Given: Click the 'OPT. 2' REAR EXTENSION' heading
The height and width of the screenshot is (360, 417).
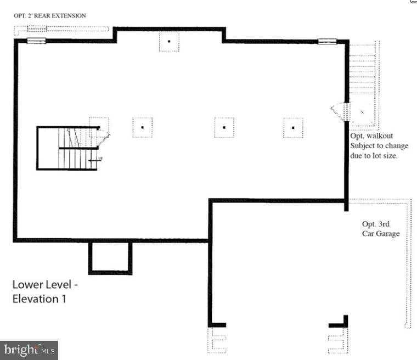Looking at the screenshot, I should pyautogui.click(x=49, y=16).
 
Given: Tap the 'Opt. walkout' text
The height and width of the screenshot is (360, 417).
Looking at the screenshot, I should pyautogui.click(x=371, y=136).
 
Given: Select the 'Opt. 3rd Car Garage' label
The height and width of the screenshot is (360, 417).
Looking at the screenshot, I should pyautogui.click(x=380, y=229).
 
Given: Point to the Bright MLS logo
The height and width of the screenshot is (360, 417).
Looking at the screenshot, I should pyautogui.click(x=29, y=350).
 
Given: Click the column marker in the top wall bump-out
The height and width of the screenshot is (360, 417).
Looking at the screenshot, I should pyautogui.click(x=169, y=41).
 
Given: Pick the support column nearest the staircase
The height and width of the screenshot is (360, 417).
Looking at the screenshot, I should pyautogui.click(x=142, y=127).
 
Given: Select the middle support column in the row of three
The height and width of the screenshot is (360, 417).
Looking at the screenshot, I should pyautogui.click(x=224, y=127).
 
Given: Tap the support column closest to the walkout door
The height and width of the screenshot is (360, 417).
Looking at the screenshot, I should pyautogui.click(x=293, y=127).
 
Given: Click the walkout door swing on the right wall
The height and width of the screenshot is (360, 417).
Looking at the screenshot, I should pyautogui.click(x=339, y=112).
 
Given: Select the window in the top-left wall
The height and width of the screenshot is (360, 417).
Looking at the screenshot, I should pyautogui.click(x=37, y=41).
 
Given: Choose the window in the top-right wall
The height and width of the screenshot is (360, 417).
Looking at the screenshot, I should pyautogui.click(x=327, y=41).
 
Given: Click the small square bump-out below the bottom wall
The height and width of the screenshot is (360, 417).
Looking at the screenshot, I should pyautogui.click(x=110, y=257).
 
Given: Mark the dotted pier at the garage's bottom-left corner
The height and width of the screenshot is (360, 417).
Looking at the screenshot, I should pyautogui.click(x=217, y=340).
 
